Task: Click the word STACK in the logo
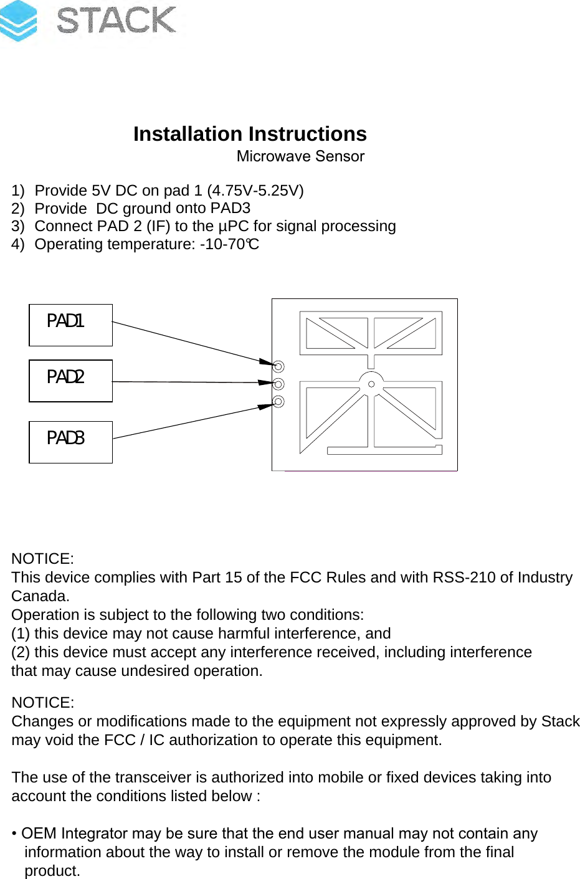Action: tap(116, 20)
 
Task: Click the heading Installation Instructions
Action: tap(250, 134)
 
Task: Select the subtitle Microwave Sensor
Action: tap(300, 156)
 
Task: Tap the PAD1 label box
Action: tap(70, 325)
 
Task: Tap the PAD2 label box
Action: tap(70, 381)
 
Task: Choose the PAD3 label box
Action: tap(70, 442)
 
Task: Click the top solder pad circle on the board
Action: tap(278, 366)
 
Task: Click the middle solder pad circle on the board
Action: tap(278, 384)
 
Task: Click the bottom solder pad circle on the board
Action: tap(278, 401)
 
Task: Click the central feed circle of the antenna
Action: tap(371, 384)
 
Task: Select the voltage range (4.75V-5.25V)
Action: tap(255, 191)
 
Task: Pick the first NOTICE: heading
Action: tap(42, 559)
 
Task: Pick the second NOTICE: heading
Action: tap(42, 703)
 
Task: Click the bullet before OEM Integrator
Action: tap(14, 834)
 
